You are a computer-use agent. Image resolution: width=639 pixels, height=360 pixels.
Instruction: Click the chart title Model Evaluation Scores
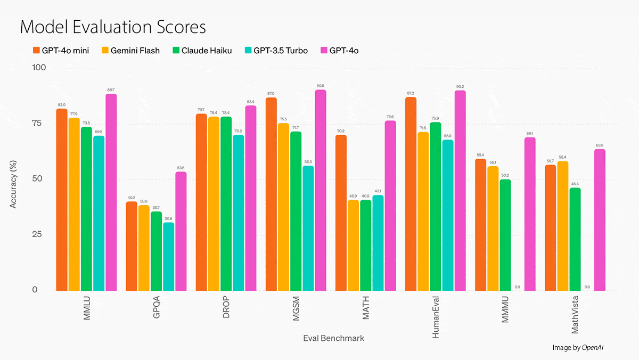tap(113, 27)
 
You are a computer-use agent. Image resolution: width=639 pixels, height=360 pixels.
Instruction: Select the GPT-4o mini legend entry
tap(60, 51)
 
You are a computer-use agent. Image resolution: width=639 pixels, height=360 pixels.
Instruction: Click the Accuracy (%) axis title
tap(14, 179)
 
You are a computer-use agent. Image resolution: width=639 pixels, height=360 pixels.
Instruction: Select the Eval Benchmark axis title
tap(334, 338)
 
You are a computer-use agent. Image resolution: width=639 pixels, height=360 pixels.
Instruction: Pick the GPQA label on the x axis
tap(157, 306)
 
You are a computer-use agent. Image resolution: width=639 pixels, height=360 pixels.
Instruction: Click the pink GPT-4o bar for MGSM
tap(320, 190)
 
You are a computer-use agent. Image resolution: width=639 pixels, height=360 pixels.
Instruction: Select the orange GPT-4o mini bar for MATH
tap(341, 213)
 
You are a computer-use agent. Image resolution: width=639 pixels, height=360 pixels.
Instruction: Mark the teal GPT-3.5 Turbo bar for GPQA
tap(168, 257)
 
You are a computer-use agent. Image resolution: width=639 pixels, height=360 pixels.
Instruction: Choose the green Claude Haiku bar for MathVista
tap(575, 239)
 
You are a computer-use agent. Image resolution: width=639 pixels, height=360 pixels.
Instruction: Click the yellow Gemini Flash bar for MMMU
tap(493, 228)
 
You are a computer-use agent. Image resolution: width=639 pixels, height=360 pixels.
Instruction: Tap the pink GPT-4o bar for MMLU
tap(111, 192)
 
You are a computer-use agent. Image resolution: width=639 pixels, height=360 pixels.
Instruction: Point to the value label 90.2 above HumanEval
tap(460, 86)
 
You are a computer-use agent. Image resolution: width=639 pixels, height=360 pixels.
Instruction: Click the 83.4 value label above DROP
tap(250, 101)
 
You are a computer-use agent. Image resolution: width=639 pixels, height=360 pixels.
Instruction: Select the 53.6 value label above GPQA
tap(181, 167)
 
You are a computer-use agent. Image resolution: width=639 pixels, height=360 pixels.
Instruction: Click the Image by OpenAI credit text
tap(578, 347)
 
